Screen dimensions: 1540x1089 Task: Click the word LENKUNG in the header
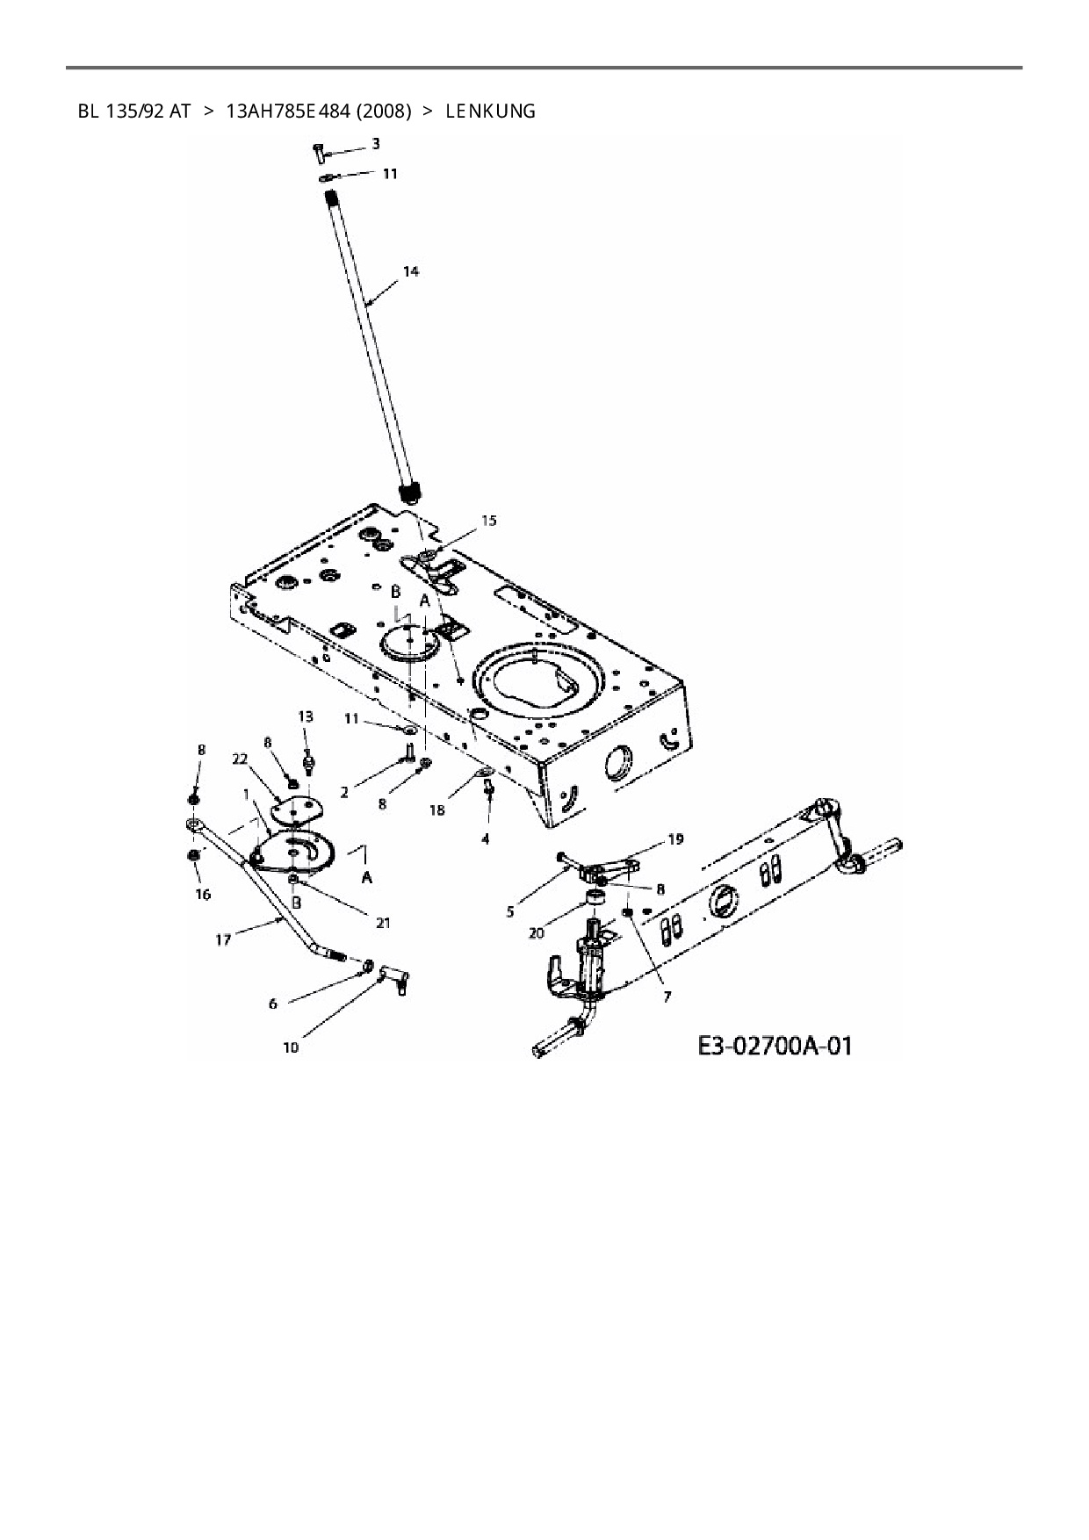[x=490, y=112]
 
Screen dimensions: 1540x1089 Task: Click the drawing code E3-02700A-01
[x=775, y=1046]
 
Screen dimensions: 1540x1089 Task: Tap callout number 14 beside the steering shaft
[x=410, y=271]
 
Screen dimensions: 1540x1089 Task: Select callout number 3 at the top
[x=375, y=143]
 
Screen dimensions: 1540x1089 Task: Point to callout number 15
[x=488, y=521]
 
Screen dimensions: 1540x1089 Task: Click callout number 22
[x=240, y=760]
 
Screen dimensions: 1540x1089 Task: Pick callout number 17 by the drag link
[x=223, y=939]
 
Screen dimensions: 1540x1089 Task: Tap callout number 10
[x=291, y=1047]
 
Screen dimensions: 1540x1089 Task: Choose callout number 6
[x=273, y=1003]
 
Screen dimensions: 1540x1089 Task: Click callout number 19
[x=674, y=839]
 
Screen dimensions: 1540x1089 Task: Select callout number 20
[x=537, y=933]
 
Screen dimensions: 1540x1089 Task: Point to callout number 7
[x=667, y=997]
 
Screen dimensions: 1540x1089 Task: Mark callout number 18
[x=437, y=810]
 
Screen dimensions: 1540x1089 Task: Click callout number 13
[x=305, y=716]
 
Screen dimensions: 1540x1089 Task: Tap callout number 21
[x=383, y=922]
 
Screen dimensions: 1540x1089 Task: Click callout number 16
[x=203, y=895]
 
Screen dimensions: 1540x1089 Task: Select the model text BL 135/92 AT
[x=133, y=112]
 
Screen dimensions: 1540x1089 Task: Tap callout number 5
[x=510, y=911]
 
